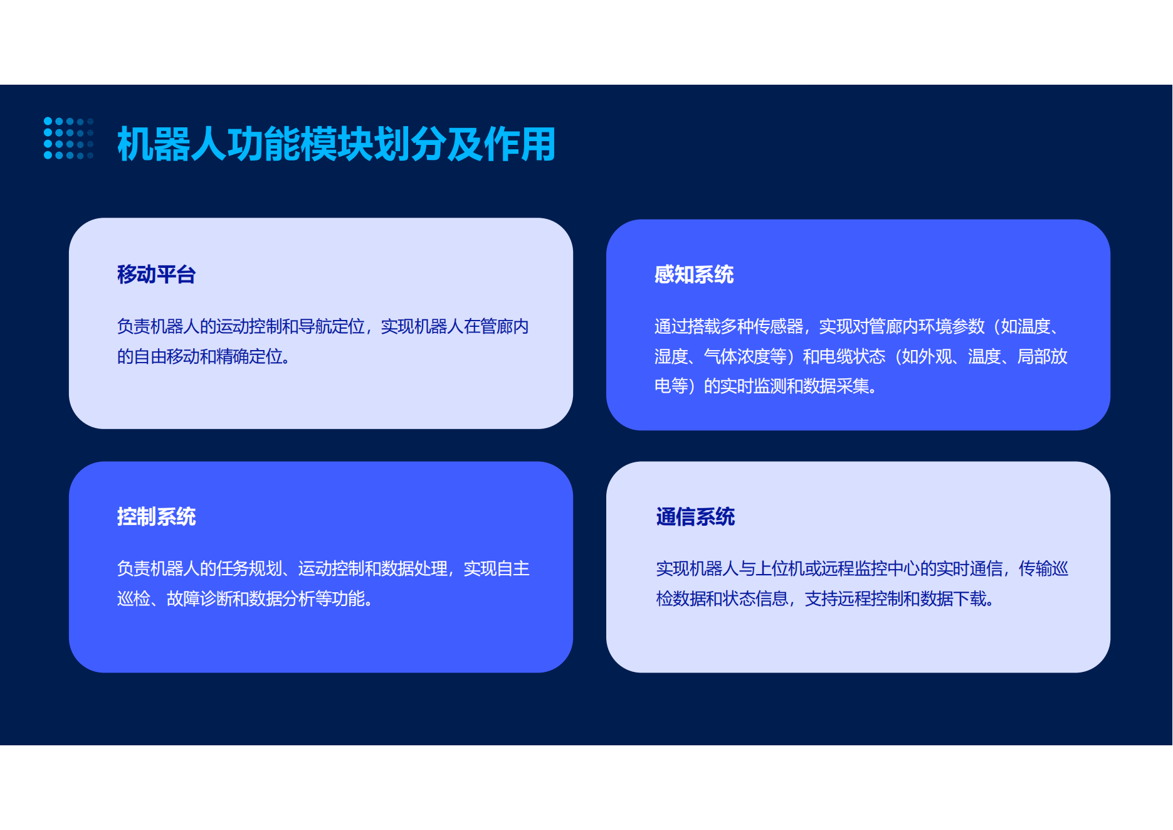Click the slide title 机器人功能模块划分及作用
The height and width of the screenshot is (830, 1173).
(x=336, y=144)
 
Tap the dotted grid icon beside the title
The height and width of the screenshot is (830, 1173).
(x=68, y=138)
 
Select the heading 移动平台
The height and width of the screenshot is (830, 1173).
(x=156, y=274)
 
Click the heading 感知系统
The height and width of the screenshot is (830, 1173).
(x=693, y=274)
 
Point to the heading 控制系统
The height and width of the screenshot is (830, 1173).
(x=156, y=516)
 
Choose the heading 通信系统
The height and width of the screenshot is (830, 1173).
(x=695, y=516)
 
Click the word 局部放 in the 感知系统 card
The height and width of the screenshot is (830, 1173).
(x=1042, y=356)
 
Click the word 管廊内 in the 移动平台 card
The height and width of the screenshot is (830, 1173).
(x=504, y=326)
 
